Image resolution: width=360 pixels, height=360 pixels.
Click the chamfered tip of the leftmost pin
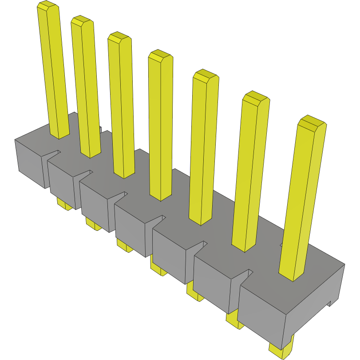tap(47, 6)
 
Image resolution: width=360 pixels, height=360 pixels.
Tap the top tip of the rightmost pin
tap(312, 122)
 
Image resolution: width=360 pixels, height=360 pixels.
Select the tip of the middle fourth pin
tap(160, 55)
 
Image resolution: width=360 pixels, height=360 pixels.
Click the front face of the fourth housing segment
tap(131, 229)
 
